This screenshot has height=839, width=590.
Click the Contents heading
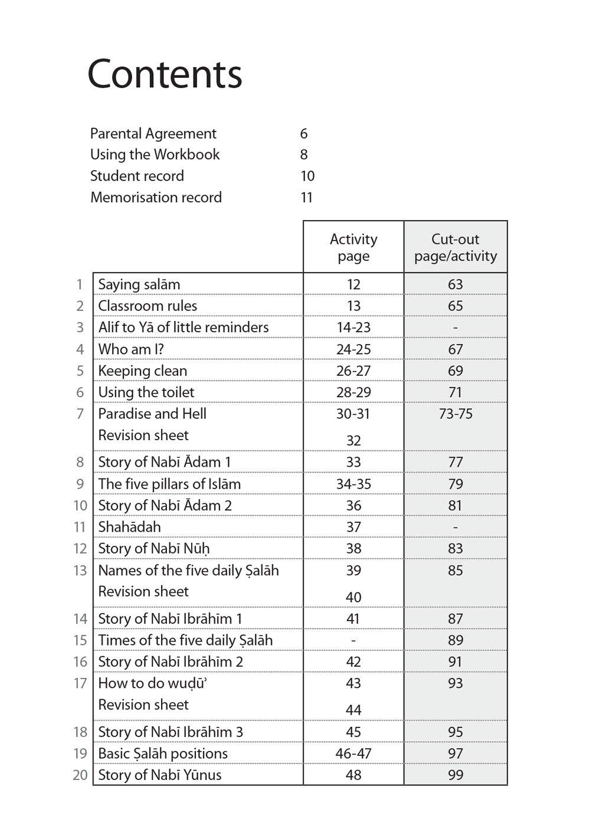(165, 74)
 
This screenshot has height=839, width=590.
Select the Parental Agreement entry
(153, 134)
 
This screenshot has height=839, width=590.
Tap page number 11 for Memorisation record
(306, 198)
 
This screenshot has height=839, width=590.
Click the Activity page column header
(353, 247)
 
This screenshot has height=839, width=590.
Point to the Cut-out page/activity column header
(455, 247)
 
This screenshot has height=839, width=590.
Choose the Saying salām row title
(139, 284)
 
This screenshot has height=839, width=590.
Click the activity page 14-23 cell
(353, 327)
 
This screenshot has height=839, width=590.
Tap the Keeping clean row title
(142, 371)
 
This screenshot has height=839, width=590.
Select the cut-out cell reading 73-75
(455, 414)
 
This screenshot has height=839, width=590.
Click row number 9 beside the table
(80, 484)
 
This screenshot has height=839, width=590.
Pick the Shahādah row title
(129, 527)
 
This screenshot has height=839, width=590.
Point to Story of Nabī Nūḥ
(154, 549)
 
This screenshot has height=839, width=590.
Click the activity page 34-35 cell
(353, 484)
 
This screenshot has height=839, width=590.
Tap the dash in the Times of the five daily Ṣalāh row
(353, 641)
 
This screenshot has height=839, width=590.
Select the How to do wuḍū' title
(153, 683)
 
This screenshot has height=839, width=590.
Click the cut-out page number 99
(455, 775)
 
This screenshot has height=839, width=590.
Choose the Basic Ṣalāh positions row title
(163, 754)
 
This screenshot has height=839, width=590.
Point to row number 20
(80, 775)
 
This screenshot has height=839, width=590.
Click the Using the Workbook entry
(155, 155)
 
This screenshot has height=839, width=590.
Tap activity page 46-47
(353, 754)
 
